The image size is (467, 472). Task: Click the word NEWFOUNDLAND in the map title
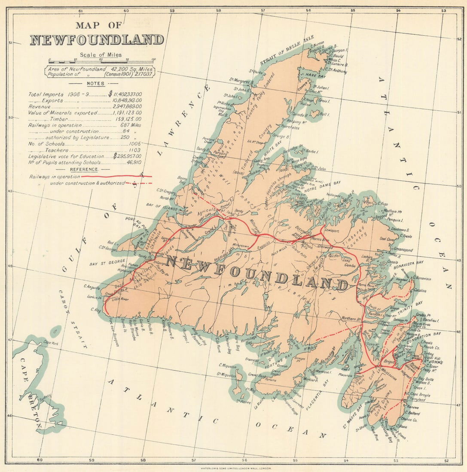[x=97, y=40]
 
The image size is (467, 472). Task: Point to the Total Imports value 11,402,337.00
[x=126, y=94]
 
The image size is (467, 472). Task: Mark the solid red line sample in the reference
[x=117, y=176]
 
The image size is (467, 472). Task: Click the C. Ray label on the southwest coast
[x=95, y=309]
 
